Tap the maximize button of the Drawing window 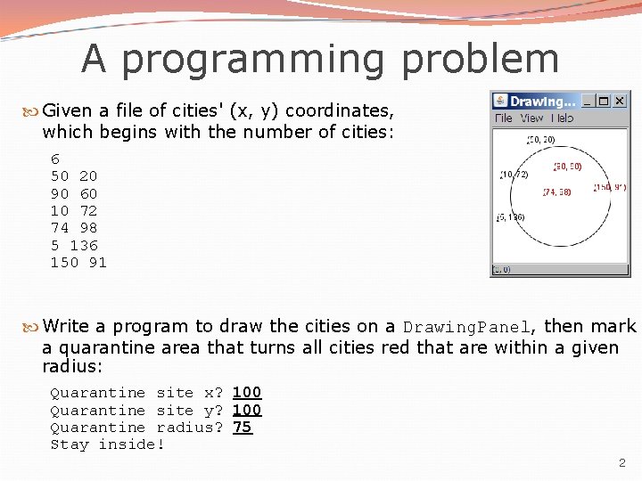605,101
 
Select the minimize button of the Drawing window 588,101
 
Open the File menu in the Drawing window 503,118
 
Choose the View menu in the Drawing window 531,118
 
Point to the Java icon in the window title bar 500,101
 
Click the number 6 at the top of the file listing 55,159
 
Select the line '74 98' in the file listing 74,228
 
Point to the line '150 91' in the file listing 78,262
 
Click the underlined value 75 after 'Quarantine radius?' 243,428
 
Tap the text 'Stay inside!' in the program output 108,444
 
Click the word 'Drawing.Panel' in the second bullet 468,327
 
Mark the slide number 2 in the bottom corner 622,462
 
